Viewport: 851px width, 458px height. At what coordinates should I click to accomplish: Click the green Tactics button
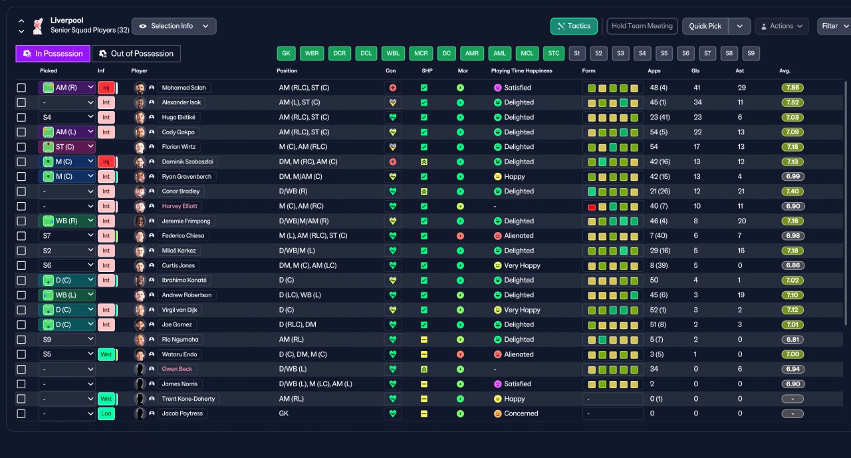tap(574, 26)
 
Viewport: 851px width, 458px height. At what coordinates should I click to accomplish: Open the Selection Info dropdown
tap(174, 26)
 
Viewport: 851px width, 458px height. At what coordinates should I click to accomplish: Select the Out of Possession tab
tap(136, 54)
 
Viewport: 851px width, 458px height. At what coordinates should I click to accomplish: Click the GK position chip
tap(286, 54)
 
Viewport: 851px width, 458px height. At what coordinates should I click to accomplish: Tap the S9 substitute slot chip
tap(751, 54)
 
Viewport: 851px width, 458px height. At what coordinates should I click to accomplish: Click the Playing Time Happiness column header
tap(521, 70)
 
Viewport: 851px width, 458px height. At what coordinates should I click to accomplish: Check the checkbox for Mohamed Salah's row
tap(21, 88)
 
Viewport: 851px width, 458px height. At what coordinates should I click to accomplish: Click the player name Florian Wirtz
tap(179, 147)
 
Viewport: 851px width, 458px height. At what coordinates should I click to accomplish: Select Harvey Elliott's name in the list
tap(180, 206)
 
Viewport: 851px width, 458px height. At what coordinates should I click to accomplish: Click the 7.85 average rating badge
tap(792, 88)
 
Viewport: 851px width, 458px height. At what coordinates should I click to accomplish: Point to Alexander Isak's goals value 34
tap(697, 102)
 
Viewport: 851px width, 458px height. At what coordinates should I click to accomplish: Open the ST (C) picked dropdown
tap(66, 147)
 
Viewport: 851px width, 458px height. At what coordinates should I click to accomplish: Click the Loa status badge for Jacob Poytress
tap(106, 413)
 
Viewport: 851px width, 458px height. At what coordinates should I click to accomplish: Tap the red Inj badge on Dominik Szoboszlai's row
tap(106, 162)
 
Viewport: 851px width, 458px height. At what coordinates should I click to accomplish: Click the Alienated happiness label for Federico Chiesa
tap(519, 236)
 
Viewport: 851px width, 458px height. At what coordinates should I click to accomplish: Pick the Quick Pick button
tap(705, 26)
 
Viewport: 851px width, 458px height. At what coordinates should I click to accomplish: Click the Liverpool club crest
tap(38, 26)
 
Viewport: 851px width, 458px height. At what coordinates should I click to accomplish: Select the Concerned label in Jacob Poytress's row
tap(521, 413)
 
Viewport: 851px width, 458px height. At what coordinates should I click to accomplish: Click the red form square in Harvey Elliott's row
tap(592, 207)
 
